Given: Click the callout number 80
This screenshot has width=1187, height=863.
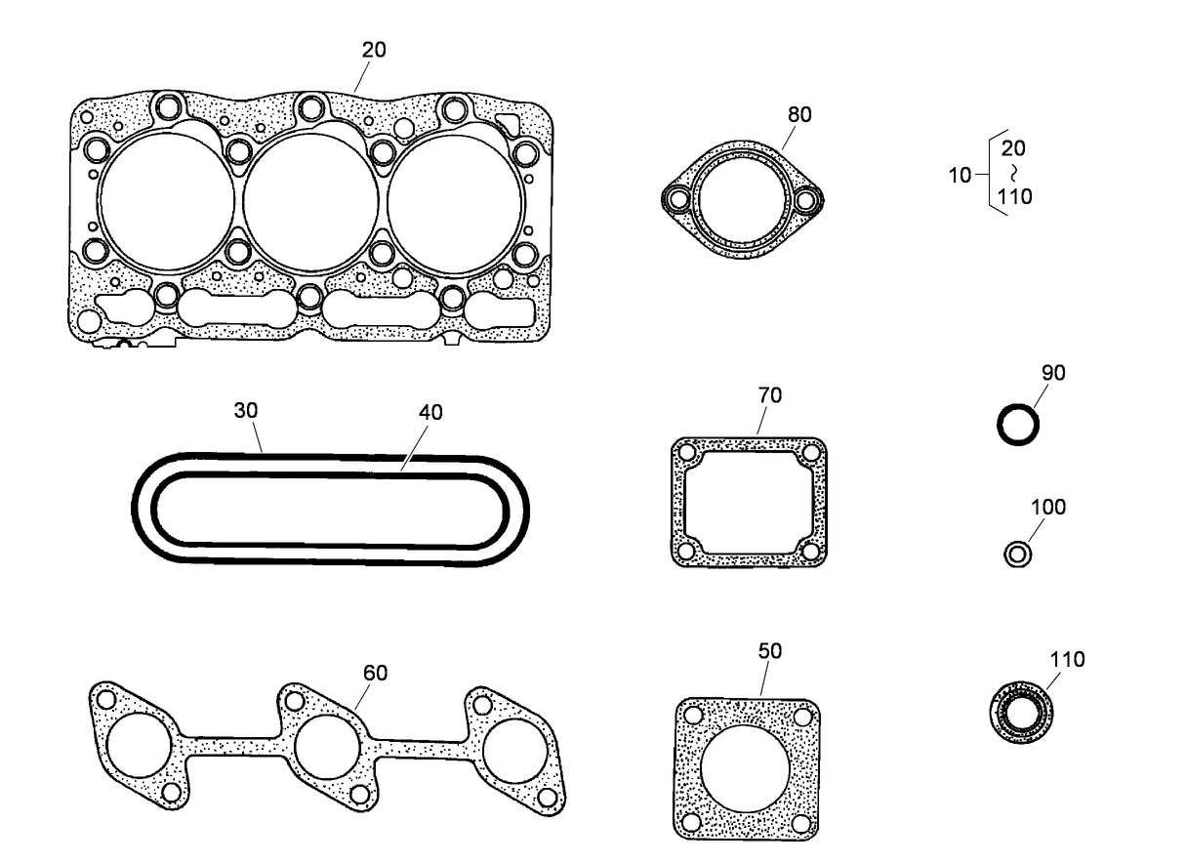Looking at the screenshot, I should tap(798, 114).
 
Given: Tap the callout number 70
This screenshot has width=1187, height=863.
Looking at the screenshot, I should tap(769, 395).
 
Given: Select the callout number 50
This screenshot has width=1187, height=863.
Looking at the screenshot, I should tap(769, 650).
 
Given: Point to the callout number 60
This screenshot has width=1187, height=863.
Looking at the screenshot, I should tap(375, 672).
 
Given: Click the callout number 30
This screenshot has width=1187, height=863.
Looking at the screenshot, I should tap(245, 411).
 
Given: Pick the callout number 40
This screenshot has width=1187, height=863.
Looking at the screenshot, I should tap(430, 412).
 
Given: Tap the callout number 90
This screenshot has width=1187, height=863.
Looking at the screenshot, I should tap(1053, 372).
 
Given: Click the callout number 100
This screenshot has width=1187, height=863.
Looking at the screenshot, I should tap(1047, 507).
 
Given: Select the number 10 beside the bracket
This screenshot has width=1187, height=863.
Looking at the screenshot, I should tap(960, 176).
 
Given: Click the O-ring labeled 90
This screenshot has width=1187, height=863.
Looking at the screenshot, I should tap(1016, 426).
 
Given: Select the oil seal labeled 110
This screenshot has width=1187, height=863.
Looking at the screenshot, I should tap(1020, 711).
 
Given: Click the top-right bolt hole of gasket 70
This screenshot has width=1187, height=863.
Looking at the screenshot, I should tap(810, 454).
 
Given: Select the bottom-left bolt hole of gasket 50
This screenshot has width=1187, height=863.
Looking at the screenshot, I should tap(691, 822).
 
